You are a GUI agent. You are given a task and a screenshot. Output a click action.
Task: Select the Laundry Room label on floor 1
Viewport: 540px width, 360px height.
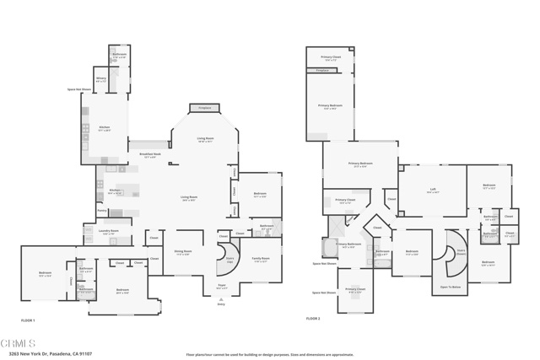tap(108, 232)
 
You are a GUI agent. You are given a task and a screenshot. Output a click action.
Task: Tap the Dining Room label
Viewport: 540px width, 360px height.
tap(183, 251)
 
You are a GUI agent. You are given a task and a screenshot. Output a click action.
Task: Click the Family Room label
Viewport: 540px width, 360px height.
tap(261, 260)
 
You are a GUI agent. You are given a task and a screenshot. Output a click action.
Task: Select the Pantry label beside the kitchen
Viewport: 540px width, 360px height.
tap(101, 211)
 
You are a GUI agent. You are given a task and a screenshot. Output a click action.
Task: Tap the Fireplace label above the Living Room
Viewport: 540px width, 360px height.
tap(204, 108)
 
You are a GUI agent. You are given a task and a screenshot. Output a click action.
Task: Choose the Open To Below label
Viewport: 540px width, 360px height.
tap(451, 287)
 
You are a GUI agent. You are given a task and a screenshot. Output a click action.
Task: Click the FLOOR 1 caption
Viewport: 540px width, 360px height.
tap(29, 320)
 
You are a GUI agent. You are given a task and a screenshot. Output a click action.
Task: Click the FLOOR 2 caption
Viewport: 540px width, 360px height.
tap(314, 319)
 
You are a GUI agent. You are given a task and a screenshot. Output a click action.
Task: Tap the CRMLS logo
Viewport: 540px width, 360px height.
tap(18, 343)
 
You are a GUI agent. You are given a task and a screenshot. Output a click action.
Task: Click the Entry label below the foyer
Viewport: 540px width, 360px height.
tap(221, 304)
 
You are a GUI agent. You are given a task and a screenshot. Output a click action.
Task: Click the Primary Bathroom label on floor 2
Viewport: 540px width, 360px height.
tap(348, 244)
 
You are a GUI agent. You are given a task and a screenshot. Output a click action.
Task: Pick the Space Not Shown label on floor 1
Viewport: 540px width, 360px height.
tap(79, 89)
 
